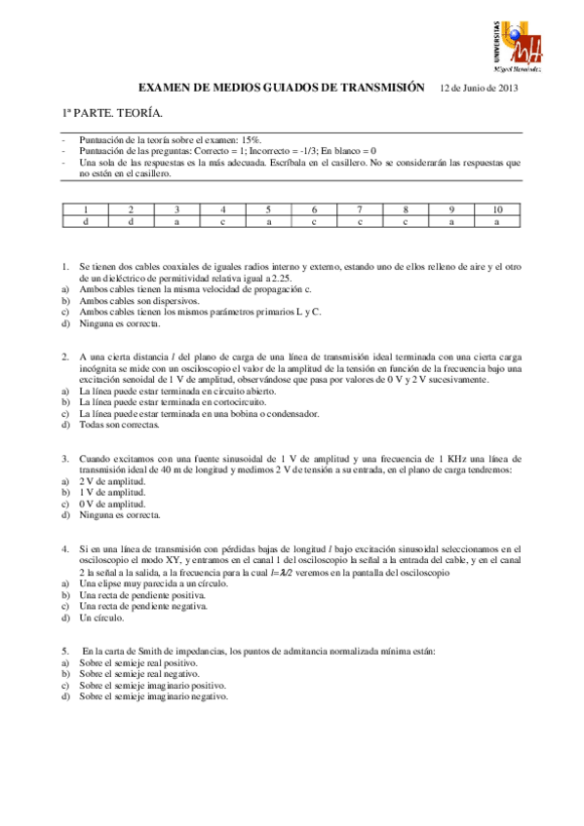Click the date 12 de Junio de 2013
(479, 88)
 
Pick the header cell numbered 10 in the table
(497, 209)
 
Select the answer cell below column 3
(176, 222)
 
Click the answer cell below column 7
(360, 222)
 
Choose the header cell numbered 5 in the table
(268, 209)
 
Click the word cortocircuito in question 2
(201, 401)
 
